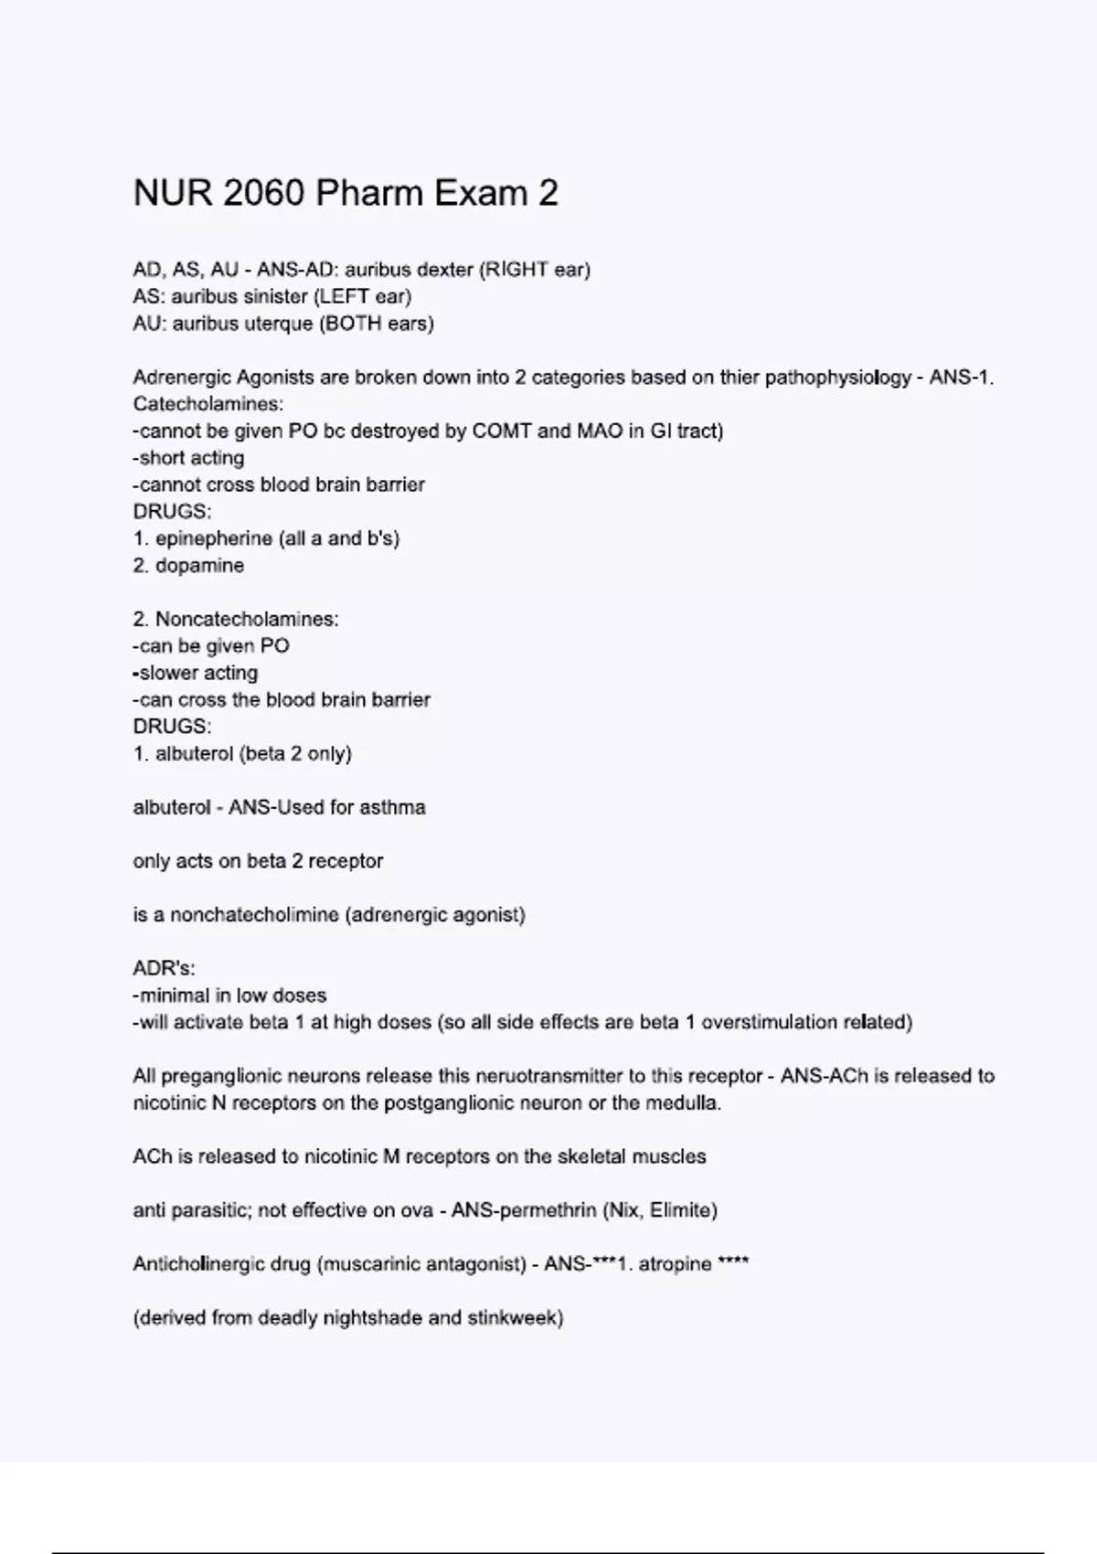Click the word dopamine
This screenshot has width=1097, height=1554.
(199, 566)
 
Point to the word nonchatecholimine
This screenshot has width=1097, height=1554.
(254, 915)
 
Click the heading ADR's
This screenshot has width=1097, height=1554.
(164, 968)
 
